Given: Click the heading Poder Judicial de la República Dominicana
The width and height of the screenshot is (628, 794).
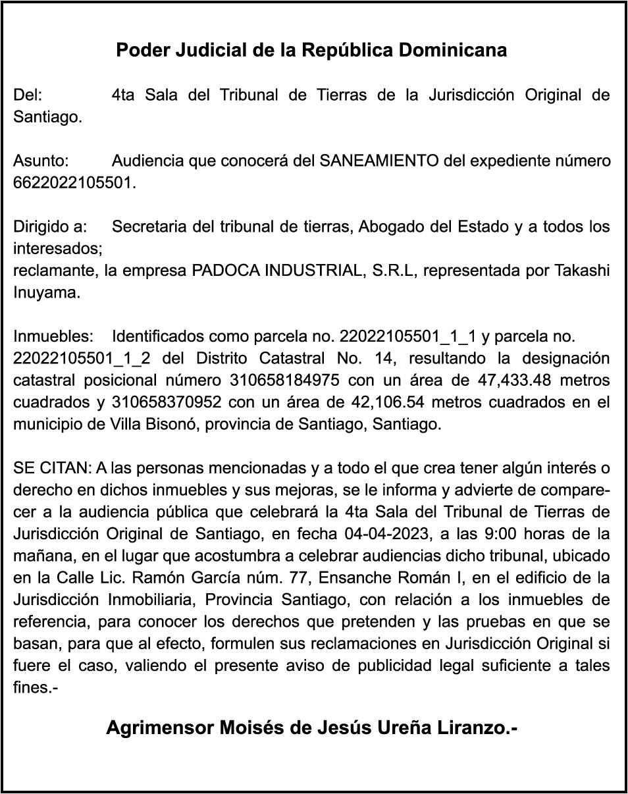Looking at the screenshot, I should coord(311,51).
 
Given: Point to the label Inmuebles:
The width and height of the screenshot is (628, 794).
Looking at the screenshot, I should coord(53,337).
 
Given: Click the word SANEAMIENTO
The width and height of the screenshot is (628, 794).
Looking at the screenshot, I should coord(379,161).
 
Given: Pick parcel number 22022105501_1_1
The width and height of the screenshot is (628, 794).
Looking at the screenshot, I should coord(407,337).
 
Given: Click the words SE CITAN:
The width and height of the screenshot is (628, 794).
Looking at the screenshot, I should coord(52,469).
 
